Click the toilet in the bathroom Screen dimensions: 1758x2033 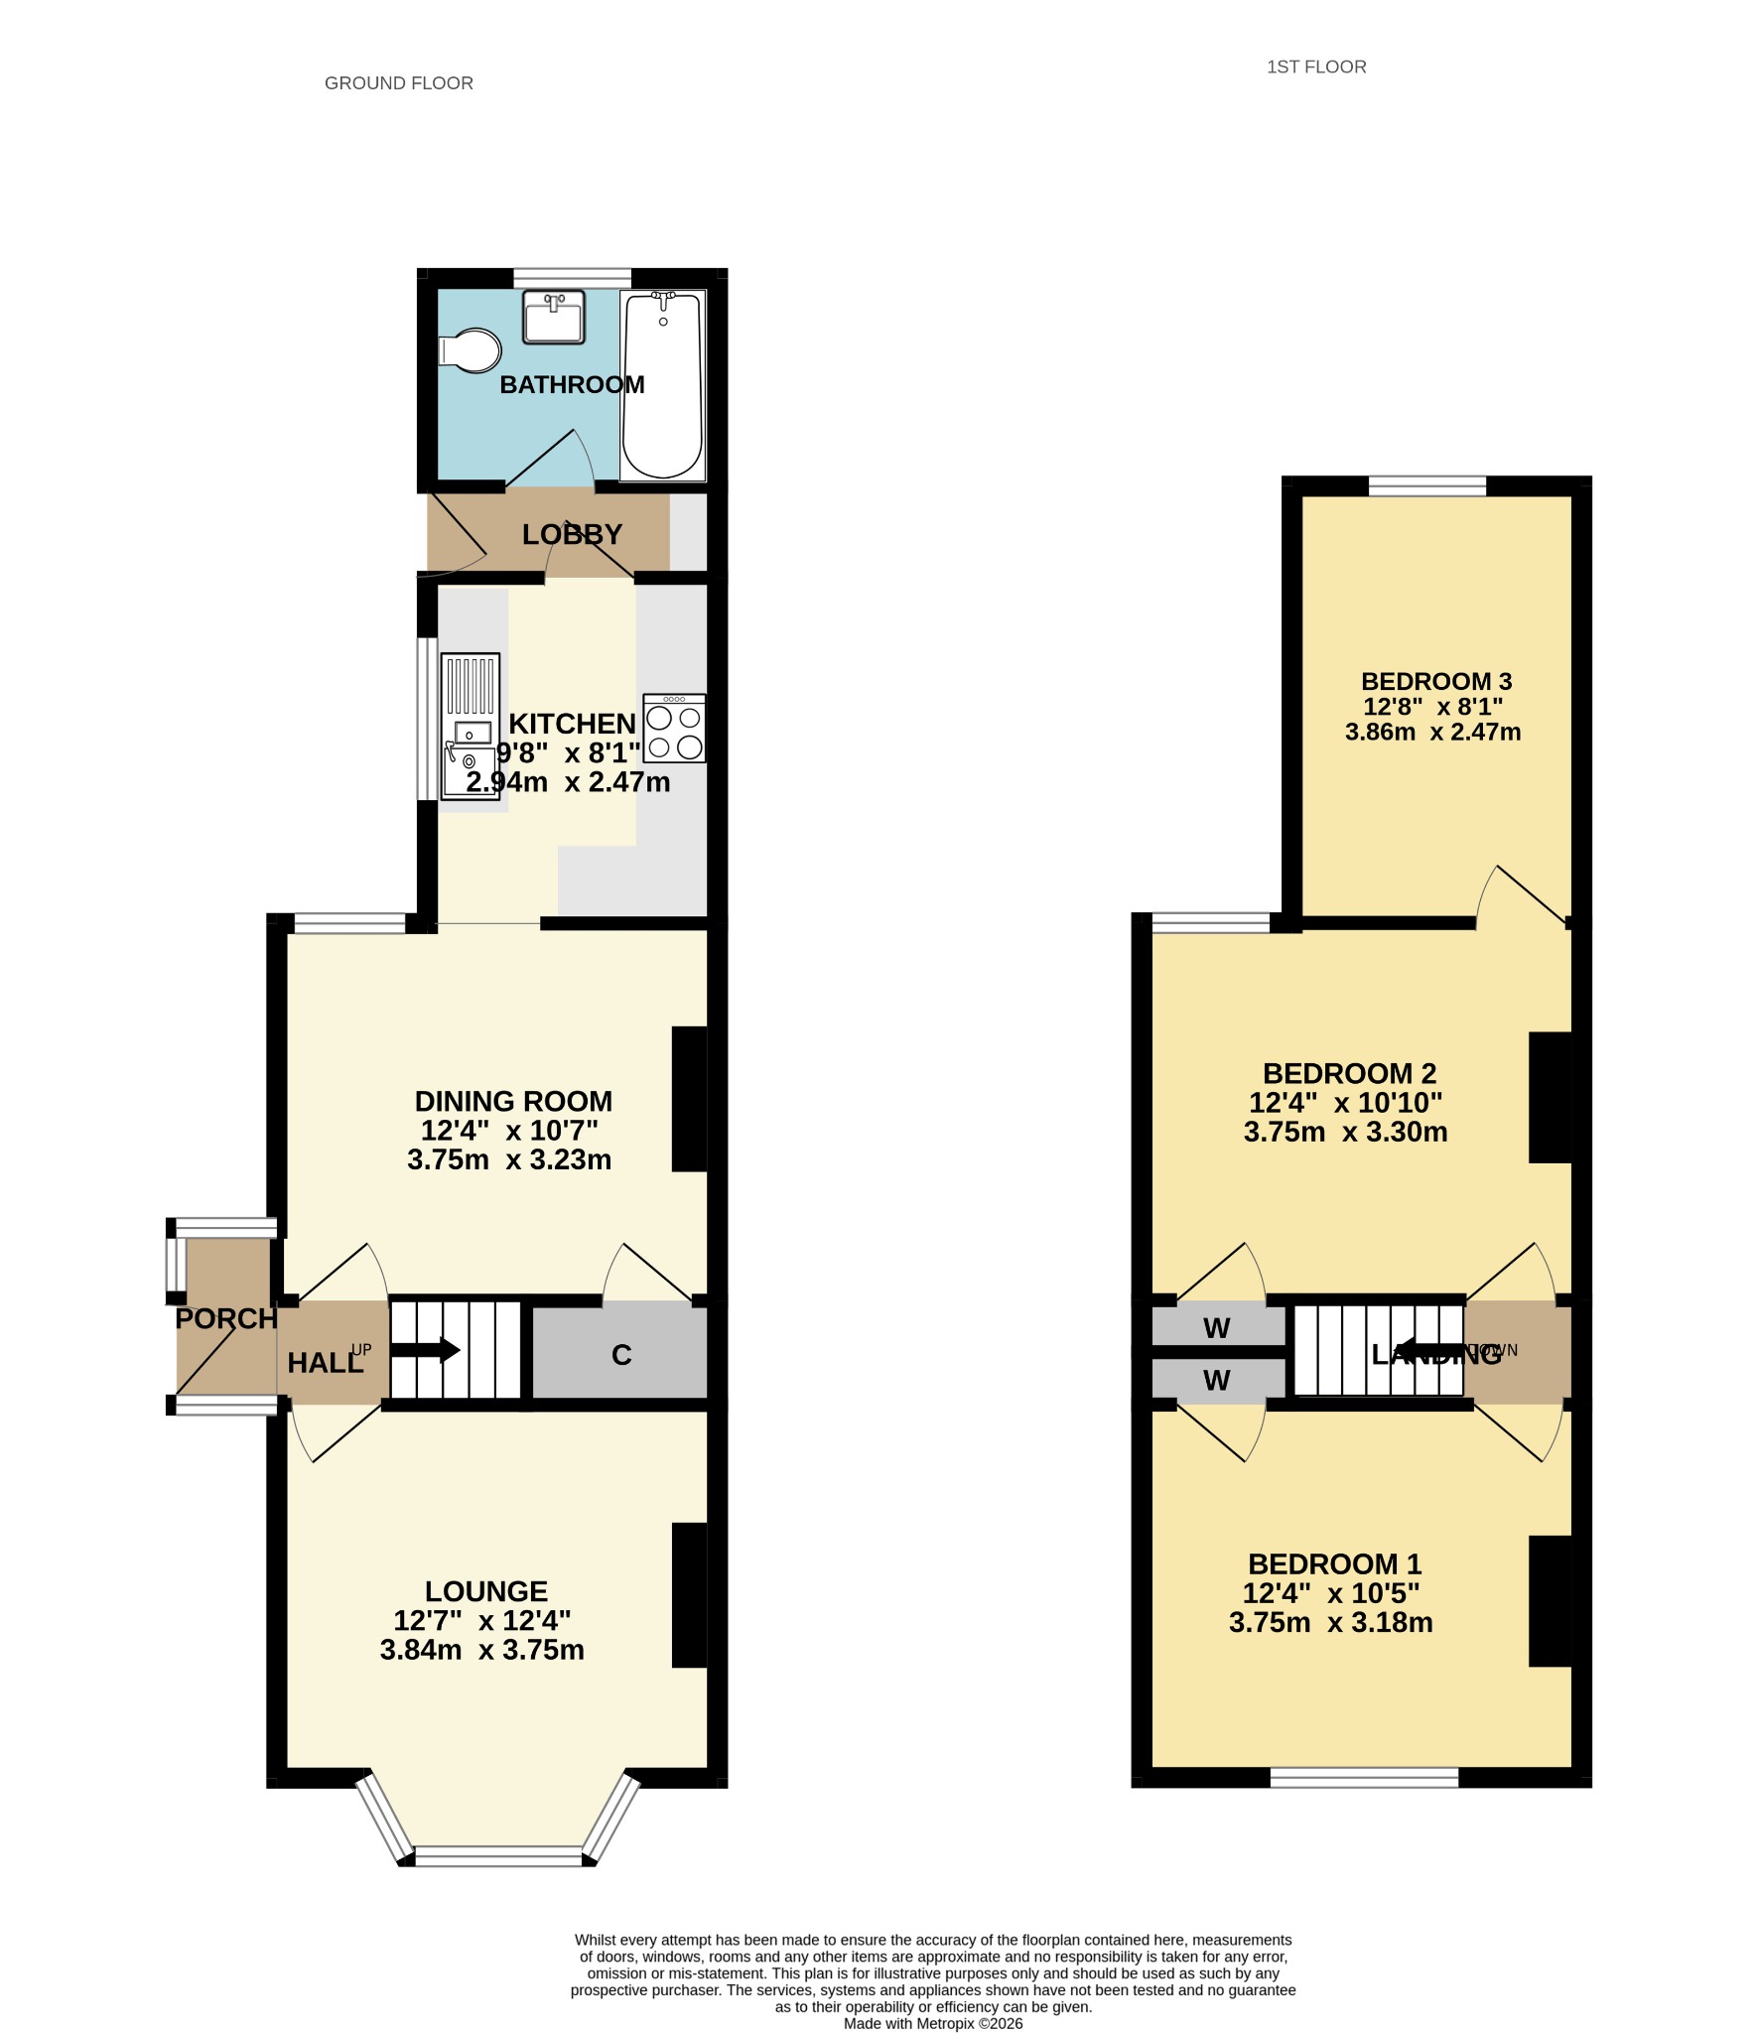pos(470,350)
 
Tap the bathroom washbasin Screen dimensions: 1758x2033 pos(553,317)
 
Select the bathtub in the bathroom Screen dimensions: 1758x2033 pos(662,384)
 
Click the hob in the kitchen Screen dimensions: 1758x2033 pos(674,728)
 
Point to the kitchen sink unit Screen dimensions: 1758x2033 pos(470,726)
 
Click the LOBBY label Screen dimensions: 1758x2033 pos(572,534)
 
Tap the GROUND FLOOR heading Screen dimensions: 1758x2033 pos(399,83)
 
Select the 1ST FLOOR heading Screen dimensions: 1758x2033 pos(1316,68)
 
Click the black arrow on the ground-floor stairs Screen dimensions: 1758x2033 pos(426,1350)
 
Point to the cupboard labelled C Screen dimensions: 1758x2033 pos(620,1353)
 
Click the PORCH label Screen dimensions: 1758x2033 pos(226,1318)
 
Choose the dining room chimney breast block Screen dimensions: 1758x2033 pos(690,1099)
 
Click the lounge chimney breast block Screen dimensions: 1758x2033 pos(690,1595)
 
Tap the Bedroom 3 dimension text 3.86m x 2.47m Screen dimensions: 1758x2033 pos(1432,733)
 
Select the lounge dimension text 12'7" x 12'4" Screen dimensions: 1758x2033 pos(482,1621)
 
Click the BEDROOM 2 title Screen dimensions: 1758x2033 pos(1349,1073)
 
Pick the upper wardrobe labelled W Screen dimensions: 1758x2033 pos(1218,1326)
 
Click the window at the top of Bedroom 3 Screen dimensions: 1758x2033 pos(1427,485)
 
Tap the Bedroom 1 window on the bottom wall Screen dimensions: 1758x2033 pos(1364,1777)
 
